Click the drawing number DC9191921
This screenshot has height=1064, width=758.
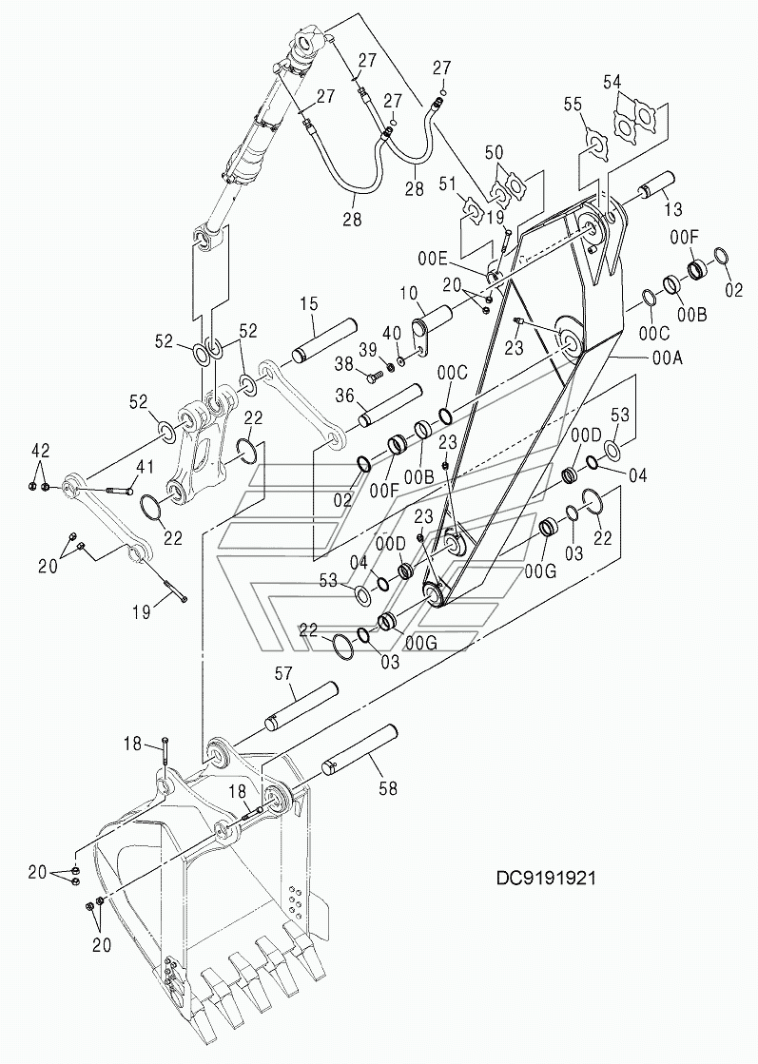tap(546, 878)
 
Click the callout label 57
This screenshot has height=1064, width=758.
tap(283, 673)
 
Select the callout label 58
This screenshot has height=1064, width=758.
tap(387, 788)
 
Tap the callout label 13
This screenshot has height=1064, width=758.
tap(672, 210)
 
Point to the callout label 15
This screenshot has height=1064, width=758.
tap(309, 303)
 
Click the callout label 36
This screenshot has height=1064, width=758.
tap(345, 395)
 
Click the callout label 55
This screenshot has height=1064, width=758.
tap(573, 104)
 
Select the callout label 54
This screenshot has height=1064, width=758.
tap(612, 82)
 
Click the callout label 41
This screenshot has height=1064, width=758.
tap(146, 467)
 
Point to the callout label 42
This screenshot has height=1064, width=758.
tap(40, 450)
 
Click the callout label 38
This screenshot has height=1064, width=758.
tap(344, 364)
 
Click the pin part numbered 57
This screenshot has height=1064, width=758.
tap(301, 706)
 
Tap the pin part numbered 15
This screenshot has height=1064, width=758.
tap(324, 341)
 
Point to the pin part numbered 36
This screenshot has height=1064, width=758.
tap(390, 407)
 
